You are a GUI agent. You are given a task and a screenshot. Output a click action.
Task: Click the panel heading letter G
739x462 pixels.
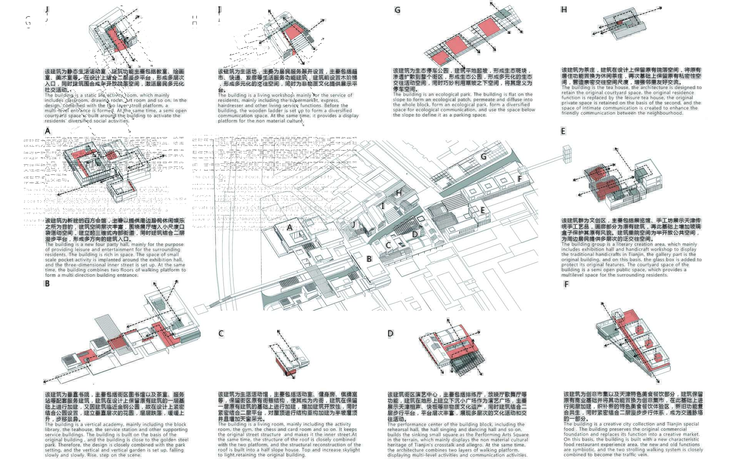tap(397, 10)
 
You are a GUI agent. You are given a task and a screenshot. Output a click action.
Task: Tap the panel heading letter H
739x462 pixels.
tap(564, 10)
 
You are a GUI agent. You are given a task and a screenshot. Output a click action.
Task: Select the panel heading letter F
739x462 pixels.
tap(566, 285)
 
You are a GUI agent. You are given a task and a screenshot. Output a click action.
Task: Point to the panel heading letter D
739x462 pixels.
tap(390, 333)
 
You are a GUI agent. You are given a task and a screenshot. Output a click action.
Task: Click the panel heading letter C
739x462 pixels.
tap(221, 333)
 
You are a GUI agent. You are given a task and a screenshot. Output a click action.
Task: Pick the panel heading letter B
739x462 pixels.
tap(47, 284)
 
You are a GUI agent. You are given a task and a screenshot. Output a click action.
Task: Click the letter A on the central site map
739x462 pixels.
tap(290, 228)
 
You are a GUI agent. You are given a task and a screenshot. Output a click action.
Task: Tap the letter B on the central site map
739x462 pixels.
tap(369, 259)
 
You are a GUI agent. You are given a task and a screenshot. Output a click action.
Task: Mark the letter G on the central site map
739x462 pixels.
tap(483, 157)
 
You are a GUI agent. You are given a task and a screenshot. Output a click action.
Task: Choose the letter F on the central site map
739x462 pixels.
tap(520, 179)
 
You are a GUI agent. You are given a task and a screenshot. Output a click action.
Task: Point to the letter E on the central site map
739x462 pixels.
tap(482, 211)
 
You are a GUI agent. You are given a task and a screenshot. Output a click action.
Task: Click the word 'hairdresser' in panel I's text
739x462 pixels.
tap(231, 105)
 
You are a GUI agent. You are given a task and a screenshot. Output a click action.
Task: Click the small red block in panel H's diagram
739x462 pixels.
tap(619, 23)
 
